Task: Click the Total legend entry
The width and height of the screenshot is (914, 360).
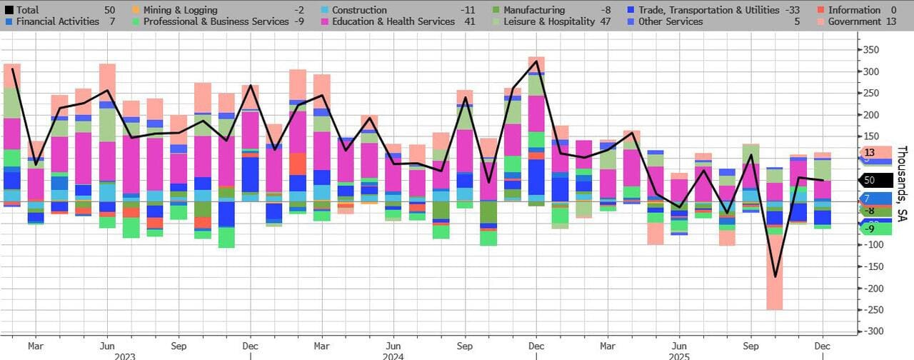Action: click(x=27, y=10)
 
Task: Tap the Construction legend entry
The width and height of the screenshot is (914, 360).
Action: click(x=359, y=10)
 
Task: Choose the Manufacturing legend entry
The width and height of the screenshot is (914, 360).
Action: click(x=533, y=10)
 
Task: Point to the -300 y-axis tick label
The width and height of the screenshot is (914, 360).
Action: click(x=873, y=331)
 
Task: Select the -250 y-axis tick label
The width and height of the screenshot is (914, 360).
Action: click(x=873, y=310)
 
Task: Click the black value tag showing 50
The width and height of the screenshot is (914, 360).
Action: click(x=870, y=180)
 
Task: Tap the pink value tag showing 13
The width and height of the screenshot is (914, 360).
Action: click(x=870, y=152)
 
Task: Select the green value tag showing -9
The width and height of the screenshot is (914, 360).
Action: click(x=870, y=229)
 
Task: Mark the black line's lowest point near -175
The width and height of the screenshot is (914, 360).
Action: click(x=775, y=276)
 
